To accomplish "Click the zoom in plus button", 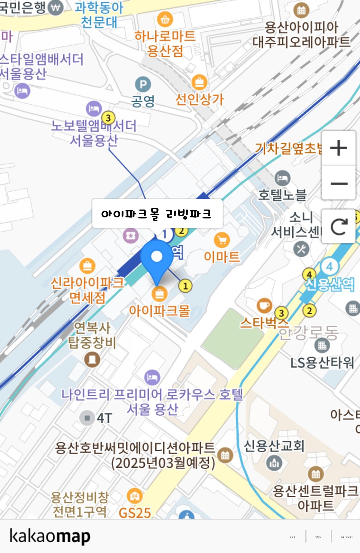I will pos(339,148).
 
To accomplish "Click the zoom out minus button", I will pos(339,183).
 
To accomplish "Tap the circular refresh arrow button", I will pos(339,227).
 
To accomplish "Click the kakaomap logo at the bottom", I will pos(50,536).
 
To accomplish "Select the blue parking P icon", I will pos(143,85).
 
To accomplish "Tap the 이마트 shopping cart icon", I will pos(222,240).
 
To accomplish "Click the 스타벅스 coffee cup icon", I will pos(264,305).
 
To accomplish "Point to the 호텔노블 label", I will pos(282,195).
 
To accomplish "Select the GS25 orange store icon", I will pos(134,496).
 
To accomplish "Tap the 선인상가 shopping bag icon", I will pos(199,82).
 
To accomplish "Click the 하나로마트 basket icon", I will pos(165,19).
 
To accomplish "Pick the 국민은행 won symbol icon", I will pos(56,7).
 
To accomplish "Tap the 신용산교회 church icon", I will pos(274,463).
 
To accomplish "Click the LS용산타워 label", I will pos(322,362).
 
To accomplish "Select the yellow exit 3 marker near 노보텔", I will pos(108,118).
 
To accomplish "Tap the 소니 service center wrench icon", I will pos(301,249).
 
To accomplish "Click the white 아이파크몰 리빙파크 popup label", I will pos(157,214).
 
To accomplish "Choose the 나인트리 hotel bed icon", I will pos(152,378).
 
